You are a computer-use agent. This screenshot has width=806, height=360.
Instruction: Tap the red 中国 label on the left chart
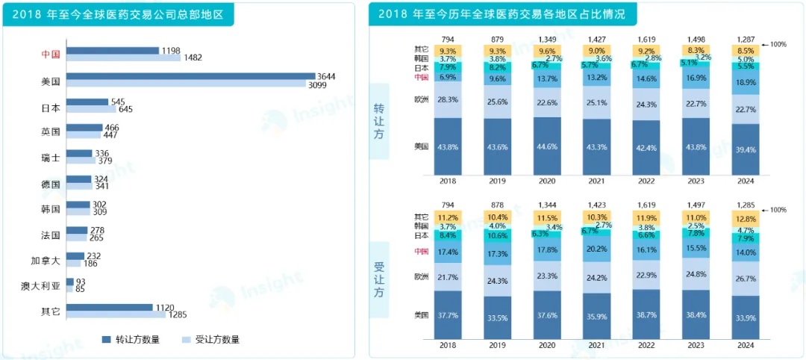click(51, 54)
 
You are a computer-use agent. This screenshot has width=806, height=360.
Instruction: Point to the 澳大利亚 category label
click(40, 285)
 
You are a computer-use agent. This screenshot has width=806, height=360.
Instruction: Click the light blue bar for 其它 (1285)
click(116, 314)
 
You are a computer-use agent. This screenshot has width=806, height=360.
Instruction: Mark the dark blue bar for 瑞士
click(78, 153)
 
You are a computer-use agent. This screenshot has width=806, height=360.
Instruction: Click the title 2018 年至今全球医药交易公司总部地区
click(119, 14)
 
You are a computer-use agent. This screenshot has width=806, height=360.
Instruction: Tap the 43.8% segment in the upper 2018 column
click(449, 147)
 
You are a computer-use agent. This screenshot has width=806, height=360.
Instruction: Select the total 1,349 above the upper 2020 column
click(548, 39)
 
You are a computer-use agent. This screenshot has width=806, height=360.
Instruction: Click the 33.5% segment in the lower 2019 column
click(498, 317)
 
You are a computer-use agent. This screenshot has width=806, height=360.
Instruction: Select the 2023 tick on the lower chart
click(696, 346)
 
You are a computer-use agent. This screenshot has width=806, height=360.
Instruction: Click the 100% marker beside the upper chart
click(778, 45)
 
